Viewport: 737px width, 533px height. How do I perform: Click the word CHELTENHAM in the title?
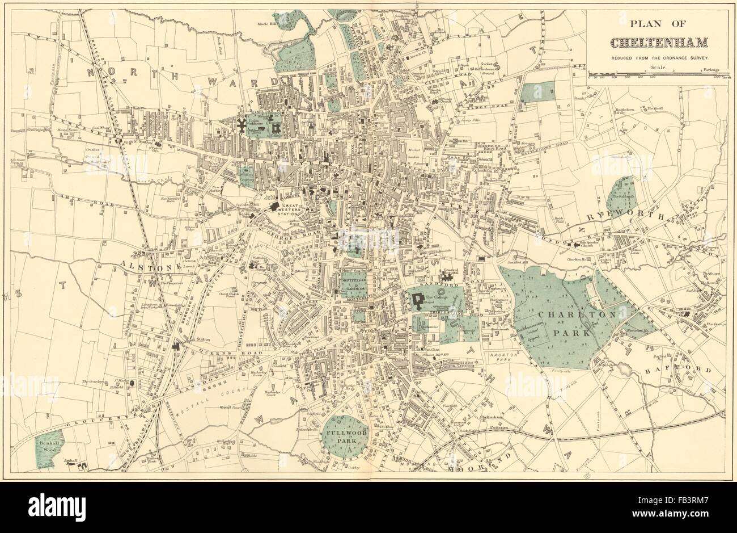pos(659,43)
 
